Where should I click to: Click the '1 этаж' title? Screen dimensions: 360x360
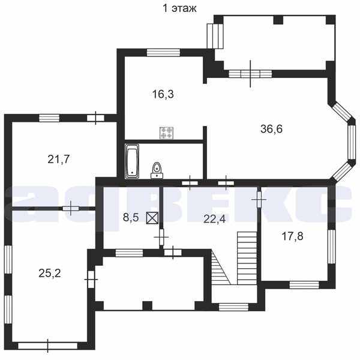pos(179,8)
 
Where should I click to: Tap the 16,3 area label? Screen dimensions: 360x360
pos(163,94)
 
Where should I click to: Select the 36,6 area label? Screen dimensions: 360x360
pos(271,129)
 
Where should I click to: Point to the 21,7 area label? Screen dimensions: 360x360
pos(59,159)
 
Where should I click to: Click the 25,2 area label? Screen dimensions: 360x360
pos(50,273)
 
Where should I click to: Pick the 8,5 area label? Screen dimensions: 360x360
pos(131,217)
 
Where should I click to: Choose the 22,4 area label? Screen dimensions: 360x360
pos(215,219)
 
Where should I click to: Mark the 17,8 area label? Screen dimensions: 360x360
pos(292,236)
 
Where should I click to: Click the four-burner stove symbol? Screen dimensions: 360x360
pos(166,133)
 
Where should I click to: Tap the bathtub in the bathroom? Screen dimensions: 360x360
pos(132,161)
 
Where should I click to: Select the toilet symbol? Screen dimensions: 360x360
pos(157,170)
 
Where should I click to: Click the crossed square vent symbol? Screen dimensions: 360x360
pos(152,218)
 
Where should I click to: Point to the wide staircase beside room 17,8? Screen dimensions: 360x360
pos(247,258)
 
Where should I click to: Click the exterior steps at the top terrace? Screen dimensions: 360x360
pos(215,36)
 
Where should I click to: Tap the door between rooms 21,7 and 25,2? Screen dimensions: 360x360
pos(71,208)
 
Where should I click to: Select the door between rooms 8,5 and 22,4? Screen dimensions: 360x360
pos(161,237)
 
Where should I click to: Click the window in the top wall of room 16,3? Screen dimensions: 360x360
pos(163,53)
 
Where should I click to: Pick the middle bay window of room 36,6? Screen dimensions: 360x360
pos(351,142)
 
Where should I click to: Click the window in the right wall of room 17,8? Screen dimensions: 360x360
pos(332,247)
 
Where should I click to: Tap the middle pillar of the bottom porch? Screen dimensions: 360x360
pos(147,305)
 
